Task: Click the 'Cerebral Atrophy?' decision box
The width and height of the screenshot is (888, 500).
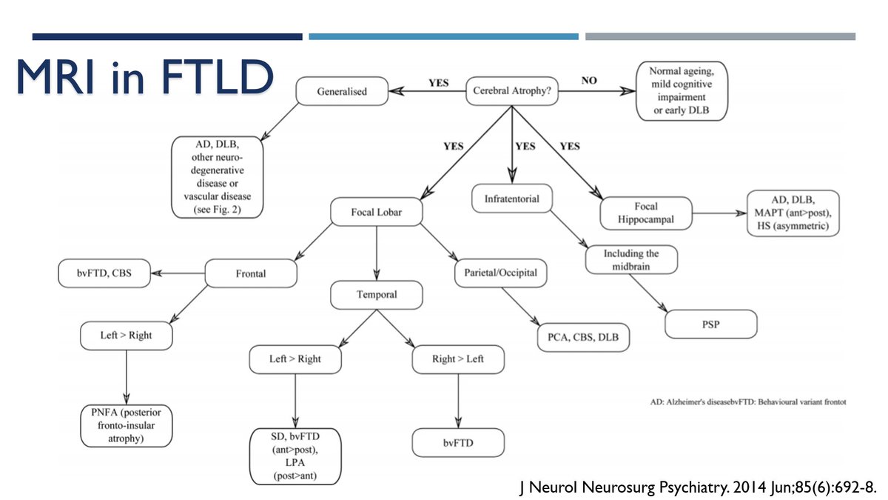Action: point(511,92)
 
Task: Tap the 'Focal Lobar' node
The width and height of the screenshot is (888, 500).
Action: point(377,213)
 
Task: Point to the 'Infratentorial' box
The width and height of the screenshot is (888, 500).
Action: point(511,199)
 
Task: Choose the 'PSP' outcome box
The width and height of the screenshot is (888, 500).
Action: point(711,324)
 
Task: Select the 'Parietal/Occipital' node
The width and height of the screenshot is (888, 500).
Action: point(501,273)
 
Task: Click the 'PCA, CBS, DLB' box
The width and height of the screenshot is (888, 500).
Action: point(583,337)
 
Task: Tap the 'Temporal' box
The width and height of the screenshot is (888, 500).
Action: point(377,294)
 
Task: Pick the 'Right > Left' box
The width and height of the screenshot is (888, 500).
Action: point(458,359)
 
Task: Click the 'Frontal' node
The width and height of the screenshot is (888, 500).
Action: point(251,273)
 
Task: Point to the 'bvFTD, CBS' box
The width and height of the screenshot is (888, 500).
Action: point(104,273)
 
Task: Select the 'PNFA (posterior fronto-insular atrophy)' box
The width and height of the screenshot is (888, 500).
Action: point(127,424)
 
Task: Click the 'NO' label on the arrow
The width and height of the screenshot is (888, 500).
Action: point(589,81)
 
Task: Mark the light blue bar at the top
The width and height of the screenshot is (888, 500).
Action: point(443,36)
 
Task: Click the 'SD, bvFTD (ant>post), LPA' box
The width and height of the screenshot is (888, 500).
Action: point(295,456)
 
